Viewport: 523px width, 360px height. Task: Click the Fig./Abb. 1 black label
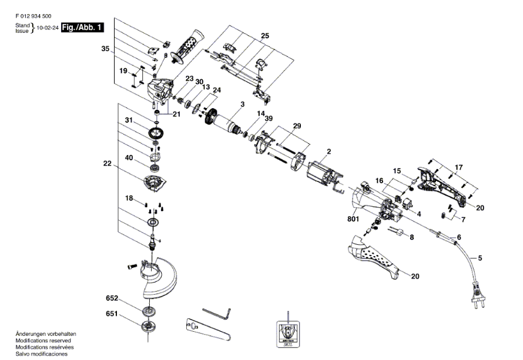tap(83, 28)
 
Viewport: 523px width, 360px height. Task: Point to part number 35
tap(105, 49)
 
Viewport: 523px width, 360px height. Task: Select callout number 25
tap(265, 36)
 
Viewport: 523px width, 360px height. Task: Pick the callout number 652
tap(112, 298)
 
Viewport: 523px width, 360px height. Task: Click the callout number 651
tap(112, 314)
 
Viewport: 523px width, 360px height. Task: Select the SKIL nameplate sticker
tap(288, 335)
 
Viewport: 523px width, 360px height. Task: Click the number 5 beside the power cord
tap(480, 257)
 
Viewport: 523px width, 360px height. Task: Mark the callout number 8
tap(411, 238)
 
